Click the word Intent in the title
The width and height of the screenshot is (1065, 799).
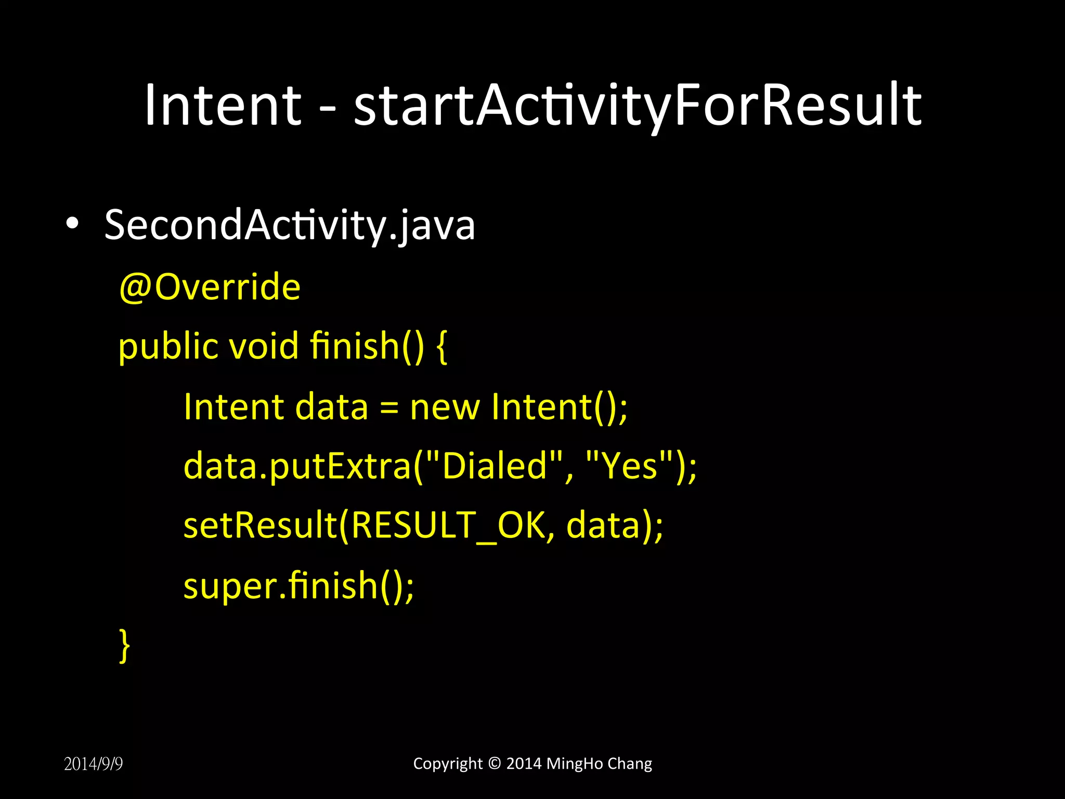(223, 105)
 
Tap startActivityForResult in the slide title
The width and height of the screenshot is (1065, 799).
(638, 105)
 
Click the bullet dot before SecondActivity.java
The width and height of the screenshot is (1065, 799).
(72, 224)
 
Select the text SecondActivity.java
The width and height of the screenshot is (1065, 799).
(290, 225)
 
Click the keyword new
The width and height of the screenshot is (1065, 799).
(445, 407)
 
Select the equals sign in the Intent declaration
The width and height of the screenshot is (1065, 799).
(389, 408)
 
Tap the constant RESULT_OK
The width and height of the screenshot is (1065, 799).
(448, 525)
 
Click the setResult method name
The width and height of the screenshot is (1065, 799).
(260, 525)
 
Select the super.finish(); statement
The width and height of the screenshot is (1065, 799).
(298, 586)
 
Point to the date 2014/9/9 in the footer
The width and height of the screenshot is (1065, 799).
(94, 764)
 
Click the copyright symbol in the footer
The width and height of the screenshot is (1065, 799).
(495, 763)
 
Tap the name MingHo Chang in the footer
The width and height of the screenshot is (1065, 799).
(599, 763)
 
